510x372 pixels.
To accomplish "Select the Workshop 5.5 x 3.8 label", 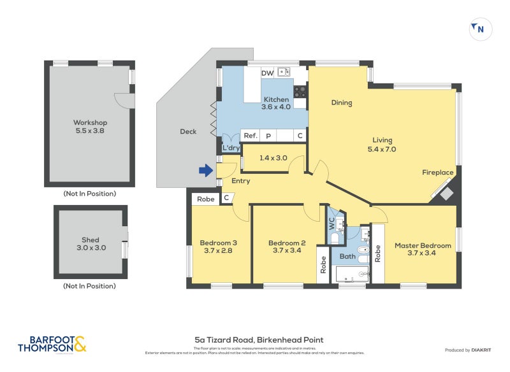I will pos(90,127).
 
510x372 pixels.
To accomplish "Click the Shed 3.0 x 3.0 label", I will pos(90,244).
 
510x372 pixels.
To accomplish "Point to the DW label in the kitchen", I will pos(268,73).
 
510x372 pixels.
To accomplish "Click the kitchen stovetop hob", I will pos(300,92).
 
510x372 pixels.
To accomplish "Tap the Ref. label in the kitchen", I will pos(250,136).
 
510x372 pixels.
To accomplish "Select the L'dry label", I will pos(231,148).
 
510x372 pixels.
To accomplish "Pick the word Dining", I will pos(342,103).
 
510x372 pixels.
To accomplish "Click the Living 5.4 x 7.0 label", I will pos(382,145).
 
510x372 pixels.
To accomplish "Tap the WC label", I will pos(331,224).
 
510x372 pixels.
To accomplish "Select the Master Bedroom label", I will pos(423,250).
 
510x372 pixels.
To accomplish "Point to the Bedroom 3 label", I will pos(219,247).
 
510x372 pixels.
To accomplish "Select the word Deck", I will pos(188,132).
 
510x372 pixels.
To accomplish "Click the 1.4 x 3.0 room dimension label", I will pos(273,158).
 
